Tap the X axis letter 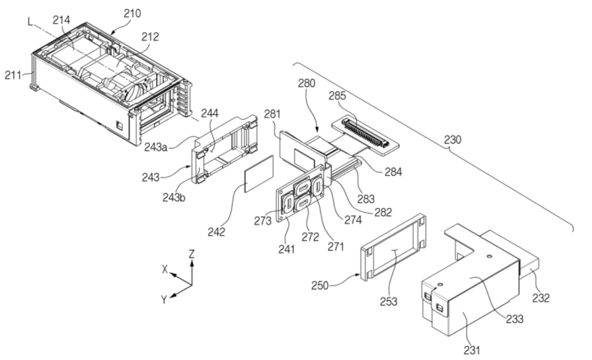click(x=164, y=269)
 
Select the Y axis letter click(x=164, y=299)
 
